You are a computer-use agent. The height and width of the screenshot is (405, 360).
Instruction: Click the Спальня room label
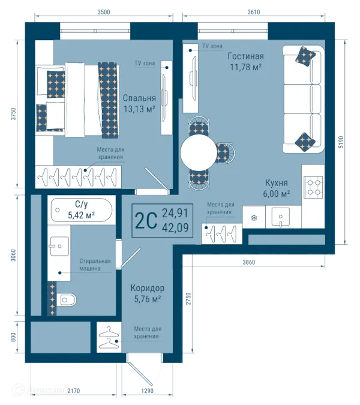pos(139,98)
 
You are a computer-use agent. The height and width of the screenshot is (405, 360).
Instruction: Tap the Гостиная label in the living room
pos(245,56)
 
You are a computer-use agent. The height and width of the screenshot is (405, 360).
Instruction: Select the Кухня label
pos(277,183)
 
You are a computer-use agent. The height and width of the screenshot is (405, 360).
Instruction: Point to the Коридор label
pos(147,288)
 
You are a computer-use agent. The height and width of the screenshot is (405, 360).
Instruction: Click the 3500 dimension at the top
pos(104,12)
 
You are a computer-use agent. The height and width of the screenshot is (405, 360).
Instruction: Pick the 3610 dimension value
pos(254,12)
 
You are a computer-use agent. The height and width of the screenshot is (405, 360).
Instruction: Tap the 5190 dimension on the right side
pos(341,142)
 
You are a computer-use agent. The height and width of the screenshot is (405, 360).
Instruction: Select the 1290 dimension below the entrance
pos(147,391)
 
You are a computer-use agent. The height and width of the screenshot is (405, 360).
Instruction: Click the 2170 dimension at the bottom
pos(74,391)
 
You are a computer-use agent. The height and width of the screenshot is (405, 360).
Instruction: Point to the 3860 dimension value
pos(248,262)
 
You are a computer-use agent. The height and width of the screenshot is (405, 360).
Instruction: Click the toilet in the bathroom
pos(66,299)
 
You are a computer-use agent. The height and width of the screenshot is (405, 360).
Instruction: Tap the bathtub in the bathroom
pos(82,210)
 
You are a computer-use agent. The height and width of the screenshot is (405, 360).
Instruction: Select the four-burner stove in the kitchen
pos(313,187)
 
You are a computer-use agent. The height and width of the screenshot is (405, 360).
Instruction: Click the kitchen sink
pos(280,217)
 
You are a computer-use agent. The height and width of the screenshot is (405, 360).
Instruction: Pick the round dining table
pos(199,152)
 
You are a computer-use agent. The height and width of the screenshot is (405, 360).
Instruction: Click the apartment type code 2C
pos(146,221)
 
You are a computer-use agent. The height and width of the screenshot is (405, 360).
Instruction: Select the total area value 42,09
pos(175,228)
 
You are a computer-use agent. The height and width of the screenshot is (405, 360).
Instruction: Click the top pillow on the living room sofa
pos(305,56)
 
